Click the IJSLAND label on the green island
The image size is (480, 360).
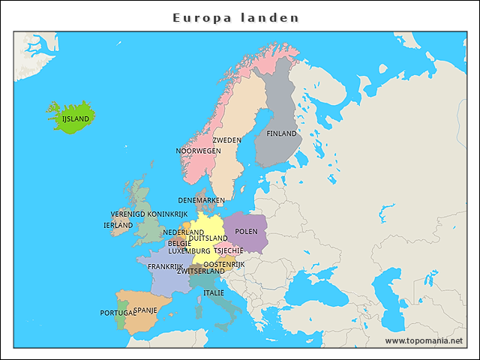tap(75, 118)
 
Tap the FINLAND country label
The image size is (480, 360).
tap(282, 133)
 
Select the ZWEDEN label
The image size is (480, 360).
tap(226, 140)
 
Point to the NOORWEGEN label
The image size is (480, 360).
tap(198, 151)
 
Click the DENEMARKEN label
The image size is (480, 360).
tap(201, 200)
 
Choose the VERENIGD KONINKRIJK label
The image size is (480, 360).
tap(148, 214)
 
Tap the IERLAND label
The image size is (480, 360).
tap(118, 225)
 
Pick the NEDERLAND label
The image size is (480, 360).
tap(183, 232)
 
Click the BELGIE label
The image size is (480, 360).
tap(179, 244)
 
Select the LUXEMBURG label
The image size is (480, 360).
tap(188, 251)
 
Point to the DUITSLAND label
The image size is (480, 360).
tap(208, 238)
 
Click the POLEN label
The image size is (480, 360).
tap(246, 232)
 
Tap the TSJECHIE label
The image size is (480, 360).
tap(228, 251)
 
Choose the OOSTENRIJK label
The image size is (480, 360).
tap(224, 264)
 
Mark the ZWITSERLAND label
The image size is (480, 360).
tap(200, 271)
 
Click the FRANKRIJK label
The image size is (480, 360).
tap(166, 266)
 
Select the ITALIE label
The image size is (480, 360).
tap(214, 292)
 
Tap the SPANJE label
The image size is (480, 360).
tap(145, 309)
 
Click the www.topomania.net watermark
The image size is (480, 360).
tap(424, 340)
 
